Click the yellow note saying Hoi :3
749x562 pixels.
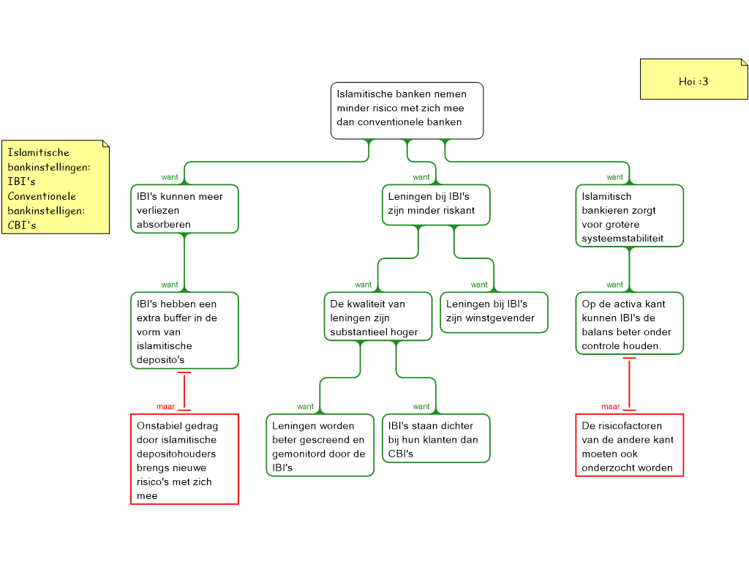coord(693,80)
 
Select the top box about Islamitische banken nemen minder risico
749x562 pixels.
coord(407,110)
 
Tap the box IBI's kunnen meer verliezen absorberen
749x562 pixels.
coord(184,209)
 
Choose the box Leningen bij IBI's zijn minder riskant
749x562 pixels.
coord(436,204)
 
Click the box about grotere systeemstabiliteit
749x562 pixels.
coord(629,216)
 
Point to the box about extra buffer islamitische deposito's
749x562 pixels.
coord(184,331)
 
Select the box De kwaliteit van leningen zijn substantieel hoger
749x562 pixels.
coord(377,317)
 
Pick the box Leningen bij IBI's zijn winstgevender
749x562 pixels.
coord(494,312)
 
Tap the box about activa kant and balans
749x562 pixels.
coord(629,323)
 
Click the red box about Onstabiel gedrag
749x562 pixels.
coord(184,460)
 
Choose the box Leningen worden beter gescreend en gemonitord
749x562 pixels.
coord(320,445)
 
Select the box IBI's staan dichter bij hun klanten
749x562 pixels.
coord(436,438)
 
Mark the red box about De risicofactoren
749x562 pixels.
coord(629,445)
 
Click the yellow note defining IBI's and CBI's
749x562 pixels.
coord(56,187)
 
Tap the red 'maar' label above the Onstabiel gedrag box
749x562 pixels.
coord(166,407)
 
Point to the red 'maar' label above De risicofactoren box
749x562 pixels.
coord(611,407)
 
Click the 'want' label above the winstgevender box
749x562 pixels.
coord(479,285)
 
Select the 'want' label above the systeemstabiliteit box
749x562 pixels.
coord(614,177)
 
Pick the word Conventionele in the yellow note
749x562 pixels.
coord(42,196)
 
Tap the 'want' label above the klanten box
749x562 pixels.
coord(421,407)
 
